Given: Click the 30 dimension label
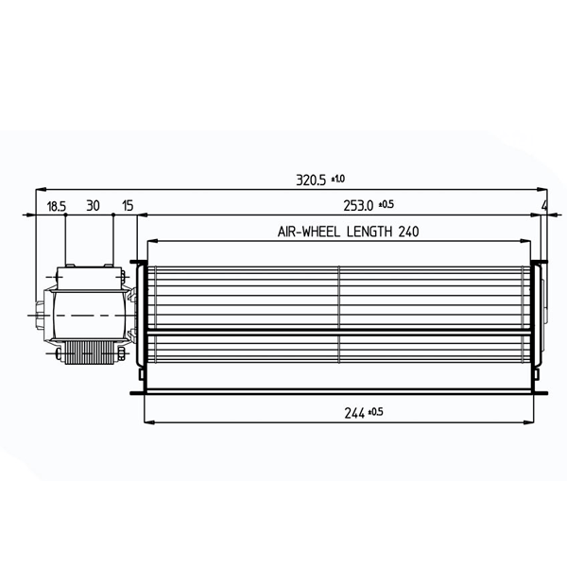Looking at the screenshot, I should click(x=93, y=204).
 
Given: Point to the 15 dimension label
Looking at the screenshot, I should click(x=128, y=204).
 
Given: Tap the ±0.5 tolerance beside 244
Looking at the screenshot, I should click(x=374, y=410).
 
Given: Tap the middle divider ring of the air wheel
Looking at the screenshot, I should click(x=339, y=312).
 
